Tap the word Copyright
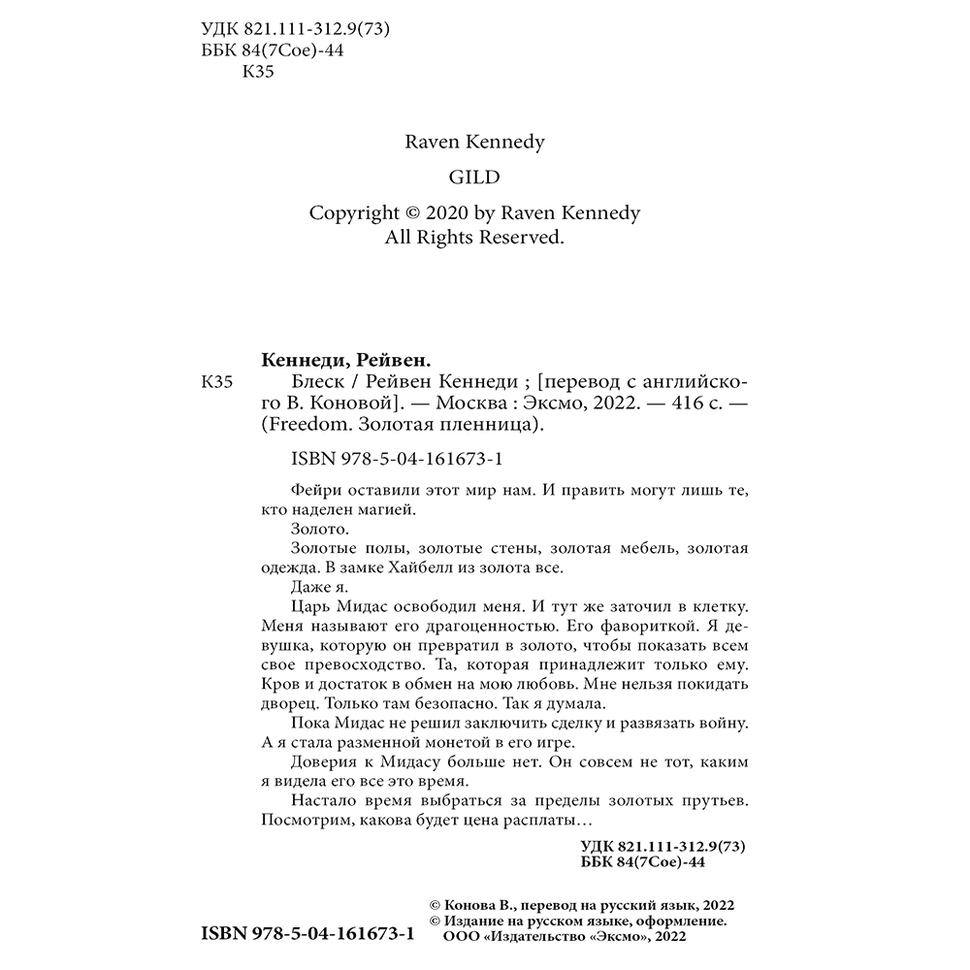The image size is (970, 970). [353, 213]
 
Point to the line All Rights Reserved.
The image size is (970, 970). [474, 237]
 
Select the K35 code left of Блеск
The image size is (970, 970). [215, 383]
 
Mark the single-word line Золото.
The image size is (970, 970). [318, 529]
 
